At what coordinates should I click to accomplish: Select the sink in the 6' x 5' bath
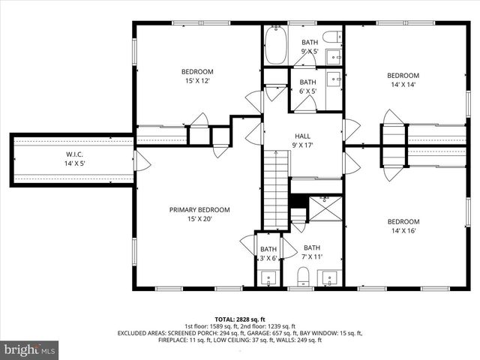[335, 78]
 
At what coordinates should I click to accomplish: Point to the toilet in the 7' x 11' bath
[304, 278]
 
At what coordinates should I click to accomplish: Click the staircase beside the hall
[276, 187]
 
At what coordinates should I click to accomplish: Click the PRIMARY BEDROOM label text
[199, 210]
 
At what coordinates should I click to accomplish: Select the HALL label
[302, 136]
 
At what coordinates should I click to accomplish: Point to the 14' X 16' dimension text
[403, 231]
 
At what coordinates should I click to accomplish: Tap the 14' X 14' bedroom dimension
[403, 85]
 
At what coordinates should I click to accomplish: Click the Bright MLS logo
[30, 349]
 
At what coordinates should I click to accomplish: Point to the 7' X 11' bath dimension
[311, 257]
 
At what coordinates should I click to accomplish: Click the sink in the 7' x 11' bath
[328, 279]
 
